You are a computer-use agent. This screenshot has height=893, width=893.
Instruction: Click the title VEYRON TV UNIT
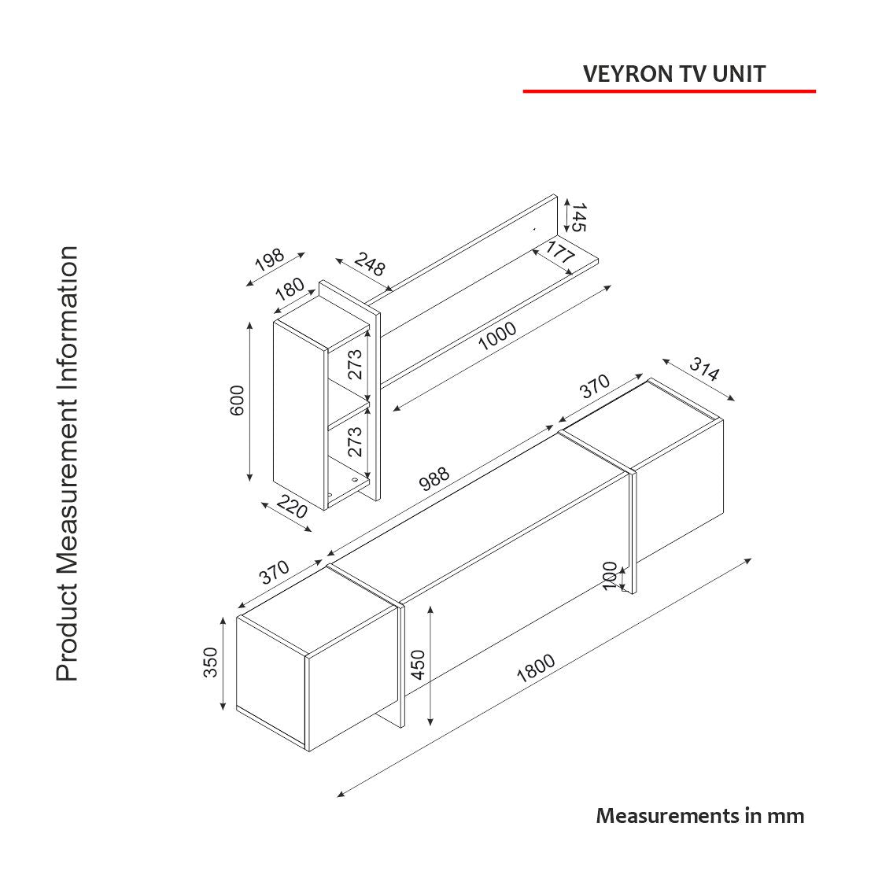tap(673, 74)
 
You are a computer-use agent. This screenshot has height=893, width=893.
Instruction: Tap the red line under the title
tap(669, 91)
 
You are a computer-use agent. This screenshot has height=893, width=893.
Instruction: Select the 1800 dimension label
tap(536, 668)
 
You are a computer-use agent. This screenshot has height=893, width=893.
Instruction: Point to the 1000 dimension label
tap(497, 336)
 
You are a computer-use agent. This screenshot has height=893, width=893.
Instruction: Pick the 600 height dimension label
tap(238, 400)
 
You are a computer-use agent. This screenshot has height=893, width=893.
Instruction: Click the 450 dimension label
tap(417, 665)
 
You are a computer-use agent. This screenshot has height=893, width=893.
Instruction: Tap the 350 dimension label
tap(211, 662)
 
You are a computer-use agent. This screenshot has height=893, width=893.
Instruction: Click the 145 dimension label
tap(579, 217)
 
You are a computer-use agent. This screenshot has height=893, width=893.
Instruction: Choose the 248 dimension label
tap(369, 264)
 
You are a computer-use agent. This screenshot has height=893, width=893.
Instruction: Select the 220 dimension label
tap(292, 507)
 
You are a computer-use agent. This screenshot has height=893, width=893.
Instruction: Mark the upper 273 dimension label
tap(356, 364)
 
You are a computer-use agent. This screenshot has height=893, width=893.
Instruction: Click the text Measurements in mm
tap(700, 816)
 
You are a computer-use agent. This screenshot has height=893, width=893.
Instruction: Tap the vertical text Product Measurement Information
tap(68, 463)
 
